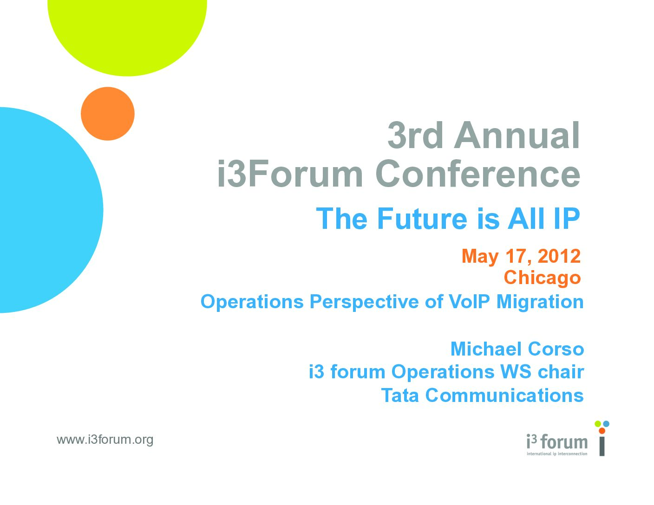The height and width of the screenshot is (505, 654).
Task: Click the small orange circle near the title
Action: (107, 114)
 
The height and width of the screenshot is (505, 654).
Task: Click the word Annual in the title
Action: (517, 136)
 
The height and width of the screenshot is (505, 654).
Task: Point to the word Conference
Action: (477, 174)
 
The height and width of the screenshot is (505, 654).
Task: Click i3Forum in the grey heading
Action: (290, 174)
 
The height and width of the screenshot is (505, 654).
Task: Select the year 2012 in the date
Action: (559, 256)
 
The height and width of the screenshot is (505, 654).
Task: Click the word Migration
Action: (540, 302)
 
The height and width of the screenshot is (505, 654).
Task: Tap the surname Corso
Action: (556, 349)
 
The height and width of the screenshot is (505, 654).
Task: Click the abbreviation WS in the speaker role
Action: (516, 372)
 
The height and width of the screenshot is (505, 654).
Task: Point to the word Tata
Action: (400, 395)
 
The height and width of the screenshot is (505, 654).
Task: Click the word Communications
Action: (504, 395)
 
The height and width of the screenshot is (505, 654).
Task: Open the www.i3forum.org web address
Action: (105, 440)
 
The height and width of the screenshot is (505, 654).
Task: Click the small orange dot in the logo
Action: (602, 431)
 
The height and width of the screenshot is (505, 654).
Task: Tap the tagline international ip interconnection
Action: (557, 453)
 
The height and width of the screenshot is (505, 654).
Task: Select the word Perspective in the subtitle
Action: (364, 302)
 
